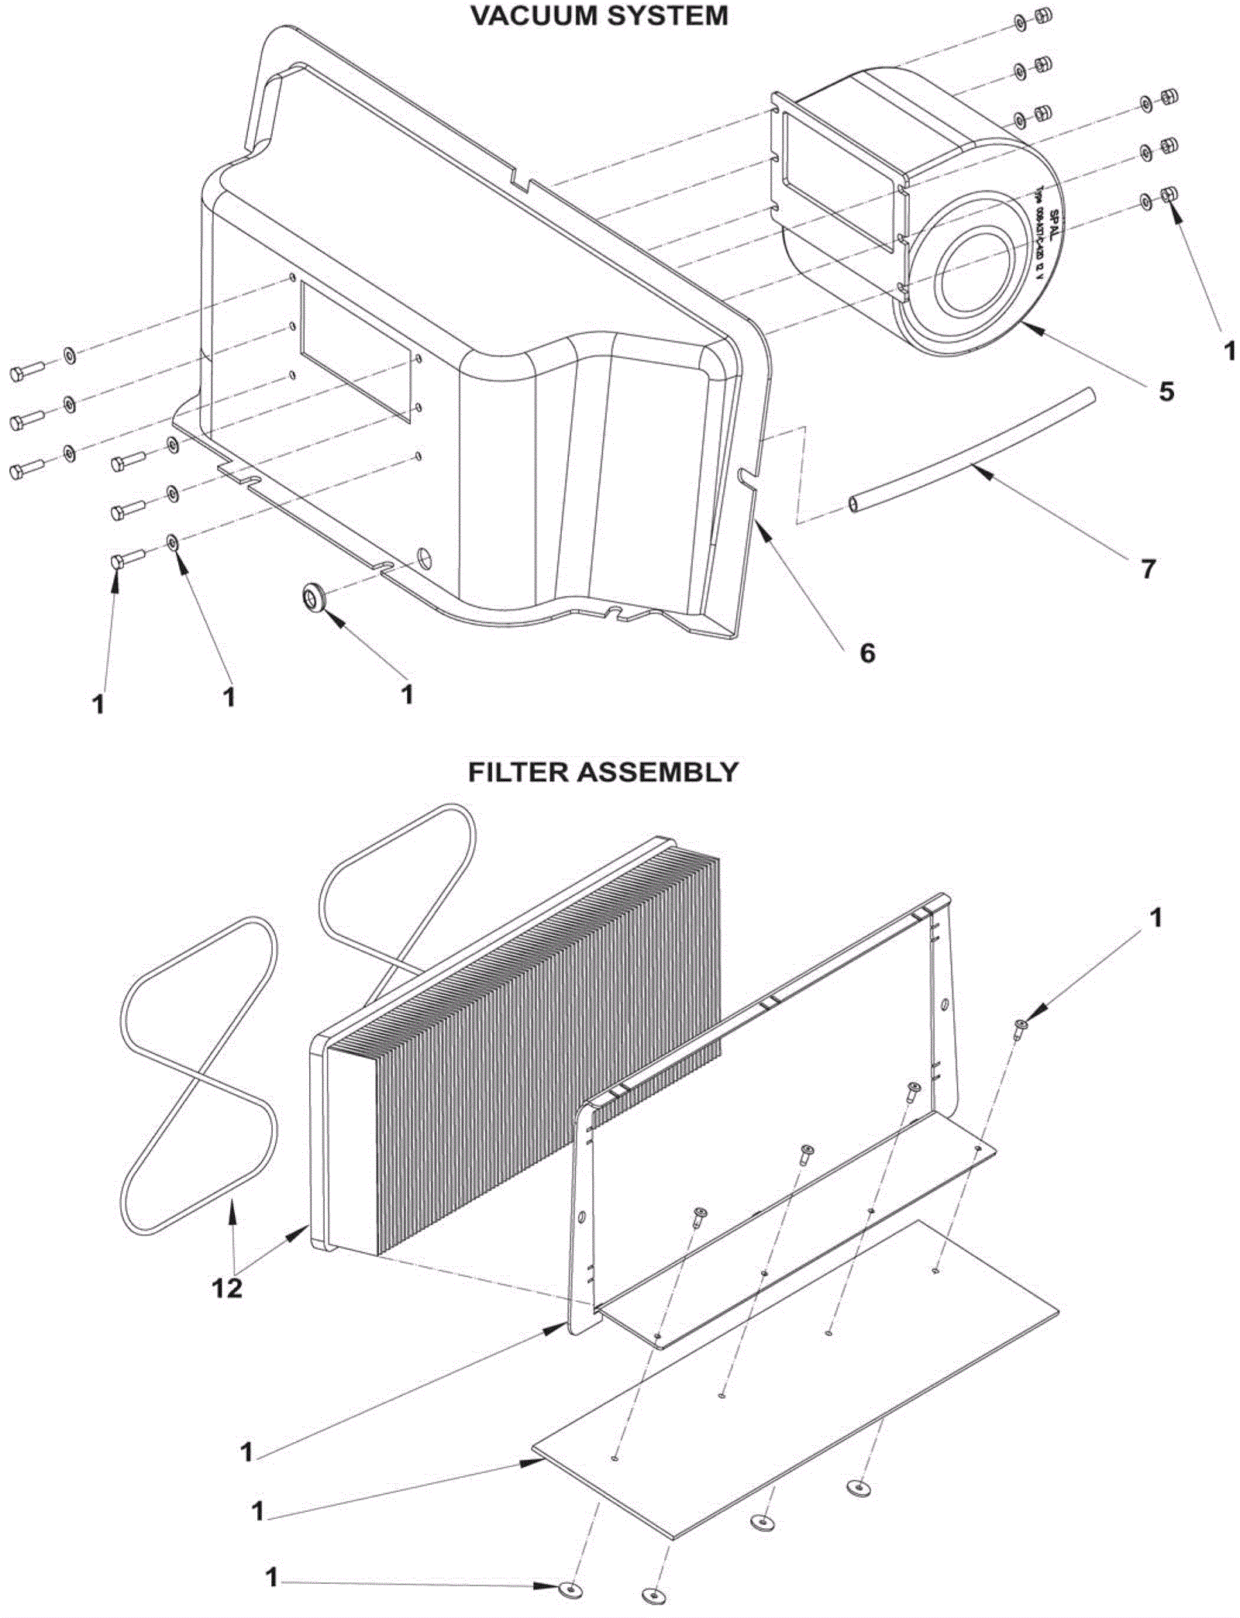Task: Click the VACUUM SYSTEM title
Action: pyautogui.click(x=599, y=15)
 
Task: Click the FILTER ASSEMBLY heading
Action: pyautogui.click(x=603, y=772)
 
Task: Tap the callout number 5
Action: pyautogui.click(x=1166, y=391)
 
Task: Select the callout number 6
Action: pyautogui.click(x=867, y=653)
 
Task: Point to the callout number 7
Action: pyautogui.click(x=1148, y=570)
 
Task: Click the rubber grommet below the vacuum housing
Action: pyautogui.click(x=315, y=597)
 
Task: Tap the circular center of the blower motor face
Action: pyautogui.click(x=974, y=265)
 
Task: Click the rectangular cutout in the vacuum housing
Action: pyautogui.click(x=355, y=350)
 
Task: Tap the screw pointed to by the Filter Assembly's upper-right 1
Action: pyautogui.click(x=1020, y=1028)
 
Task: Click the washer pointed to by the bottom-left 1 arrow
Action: pyautogui.click(x=570, y=1585)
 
